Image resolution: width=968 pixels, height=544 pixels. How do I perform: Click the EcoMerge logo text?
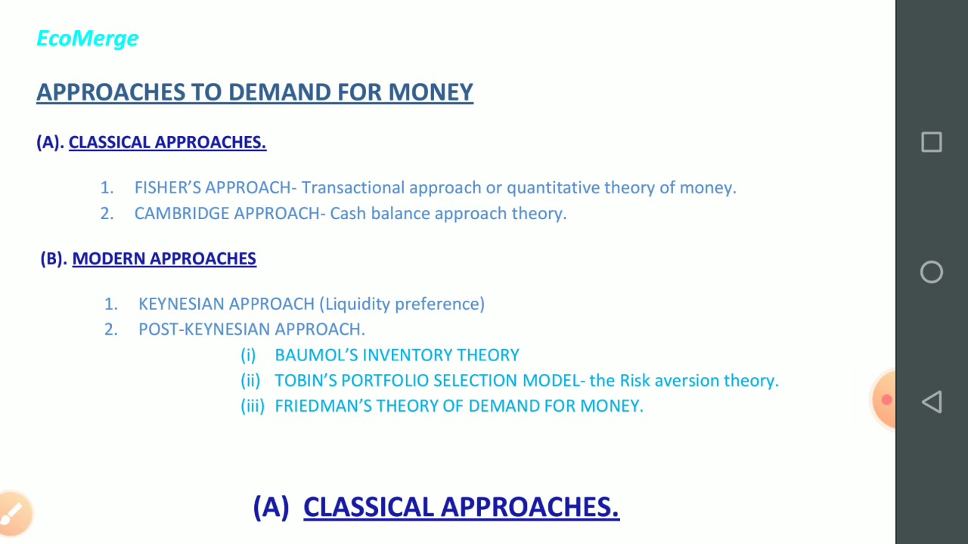88,39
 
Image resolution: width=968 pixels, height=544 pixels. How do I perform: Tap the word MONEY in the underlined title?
430,92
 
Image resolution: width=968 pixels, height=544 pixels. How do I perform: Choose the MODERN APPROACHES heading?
164,258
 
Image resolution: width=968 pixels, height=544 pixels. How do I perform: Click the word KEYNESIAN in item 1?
181,304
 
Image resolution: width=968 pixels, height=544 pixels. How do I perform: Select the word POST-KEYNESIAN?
204,329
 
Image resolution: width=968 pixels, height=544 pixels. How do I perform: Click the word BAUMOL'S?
316,355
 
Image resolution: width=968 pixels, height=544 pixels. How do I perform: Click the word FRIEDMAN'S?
323,406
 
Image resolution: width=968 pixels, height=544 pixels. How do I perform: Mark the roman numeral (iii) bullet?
253,406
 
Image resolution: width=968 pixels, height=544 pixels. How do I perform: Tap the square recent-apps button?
931,143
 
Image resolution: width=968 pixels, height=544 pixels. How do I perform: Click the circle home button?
931,272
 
